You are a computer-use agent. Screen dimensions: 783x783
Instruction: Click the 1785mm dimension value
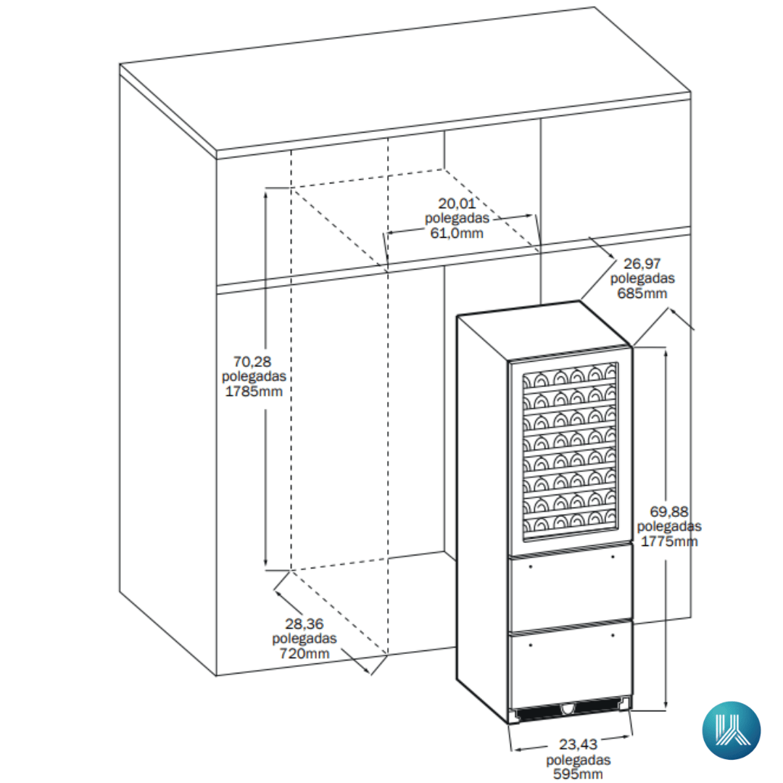[254, 391]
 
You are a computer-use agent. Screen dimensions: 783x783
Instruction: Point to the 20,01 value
[457, 204]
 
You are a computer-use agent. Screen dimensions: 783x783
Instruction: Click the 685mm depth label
[642, 293]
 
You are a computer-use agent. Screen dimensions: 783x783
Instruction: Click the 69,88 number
[668, 512]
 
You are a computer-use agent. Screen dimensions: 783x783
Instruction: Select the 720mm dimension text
[304, 653]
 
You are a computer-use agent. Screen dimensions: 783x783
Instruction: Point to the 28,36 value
[304, 623]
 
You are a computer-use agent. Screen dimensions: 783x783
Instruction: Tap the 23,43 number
[578, 745]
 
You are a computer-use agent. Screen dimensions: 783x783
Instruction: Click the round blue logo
[732, 730]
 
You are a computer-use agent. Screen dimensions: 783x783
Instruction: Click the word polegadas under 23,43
[579, 760]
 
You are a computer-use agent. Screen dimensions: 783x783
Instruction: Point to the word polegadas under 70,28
[254, 376]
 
